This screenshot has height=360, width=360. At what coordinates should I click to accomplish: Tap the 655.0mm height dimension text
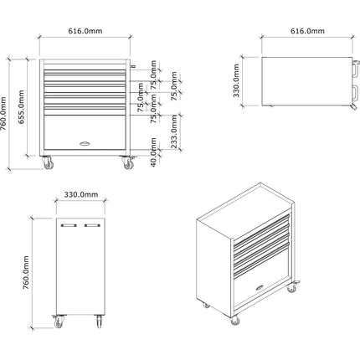(24, 105)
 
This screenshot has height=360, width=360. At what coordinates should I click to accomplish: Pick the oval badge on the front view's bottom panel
(85, 146)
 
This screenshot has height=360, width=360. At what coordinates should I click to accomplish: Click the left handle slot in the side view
(69, 225)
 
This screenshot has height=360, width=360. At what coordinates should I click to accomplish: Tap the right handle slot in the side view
(92, 225)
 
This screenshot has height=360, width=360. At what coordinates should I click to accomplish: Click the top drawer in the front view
(85, 69)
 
